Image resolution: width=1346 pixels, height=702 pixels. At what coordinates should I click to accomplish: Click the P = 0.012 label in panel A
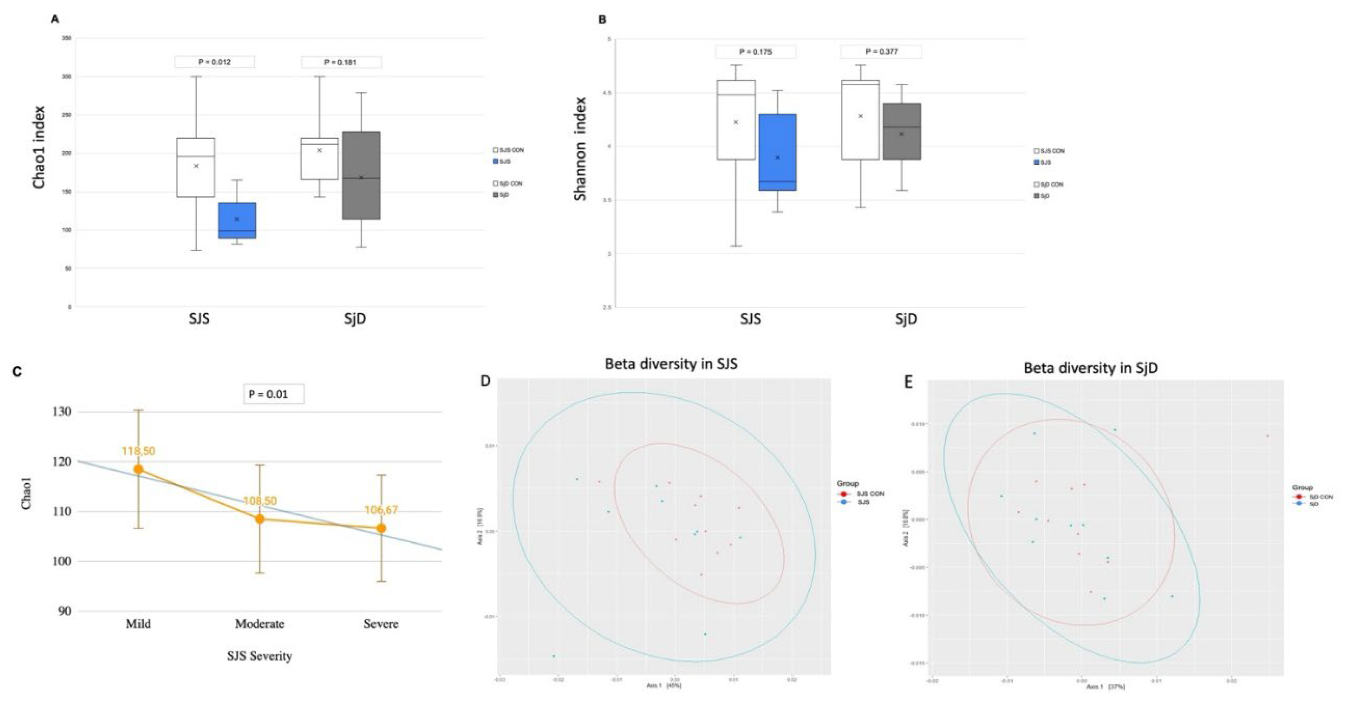pos(214,62)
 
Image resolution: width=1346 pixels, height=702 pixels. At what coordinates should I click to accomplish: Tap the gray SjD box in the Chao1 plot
pos(361,175)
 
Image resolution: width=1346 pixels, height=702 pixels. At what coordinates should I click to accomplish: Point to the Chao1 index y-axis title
pos(39,147)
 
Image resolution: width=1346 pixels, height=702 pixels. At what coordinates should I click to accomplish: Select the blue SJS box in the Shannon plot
pos(777,152)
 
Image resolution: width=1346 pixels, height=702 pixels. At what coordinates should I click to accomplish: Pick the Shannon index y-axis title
pos(580,149)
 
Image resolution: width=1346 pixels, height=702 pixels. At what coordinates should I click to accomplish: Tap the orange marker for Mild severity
pos(138,469)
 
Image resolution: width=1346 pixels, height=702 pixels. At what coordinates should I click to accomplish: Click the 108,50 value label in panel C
pos(260,501)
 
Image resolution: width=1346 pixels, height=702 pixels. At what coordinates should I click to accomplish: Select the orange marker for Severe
pos(382,528)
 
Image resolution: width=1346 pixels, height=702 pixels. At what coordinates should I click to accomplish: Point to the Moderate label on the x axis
pos(260,623)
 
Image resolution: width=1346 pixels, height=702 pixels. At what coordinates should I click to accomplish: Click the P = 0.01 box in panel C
pos(273,394)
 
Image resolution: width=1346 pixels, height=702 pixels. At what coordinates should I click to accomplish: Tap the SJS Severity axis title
pos(260,656)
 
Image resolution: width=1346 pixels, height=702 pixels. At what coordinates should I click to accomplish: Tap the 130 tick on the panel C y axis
pos(61,412)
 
